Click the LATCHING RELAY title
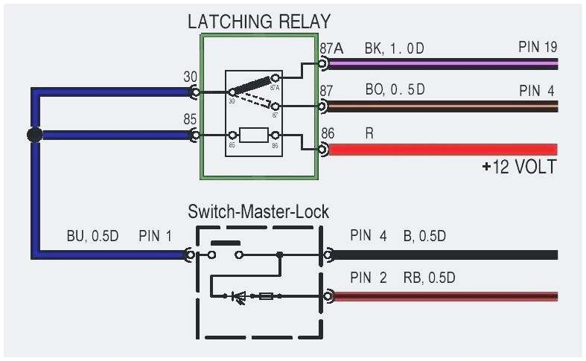tap(258, 21)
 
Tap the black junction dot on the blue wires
tap(34, 135)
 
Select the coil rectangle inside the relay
tap(255, 135)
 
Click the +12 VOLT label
tap(518, 167)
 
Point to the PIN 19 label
tap(538, 48)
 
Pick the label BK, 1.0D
tap(394, 48)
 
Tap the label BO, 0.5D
tap(394, 90)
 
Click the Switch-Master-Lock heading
tap(258, 211)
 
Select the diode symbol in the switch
tap(240, 296)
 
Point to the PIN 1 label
tap(155, 237)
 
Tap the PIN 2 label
tap(369, 278)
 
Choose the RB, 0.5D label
tap(429, 278)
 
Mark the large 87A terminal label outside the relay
tap(331, 48)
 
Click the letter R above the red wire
tap(369, 134)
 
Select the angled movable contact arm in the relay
tap(254, 83)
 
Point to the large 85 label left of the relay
tap(191, 118)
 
